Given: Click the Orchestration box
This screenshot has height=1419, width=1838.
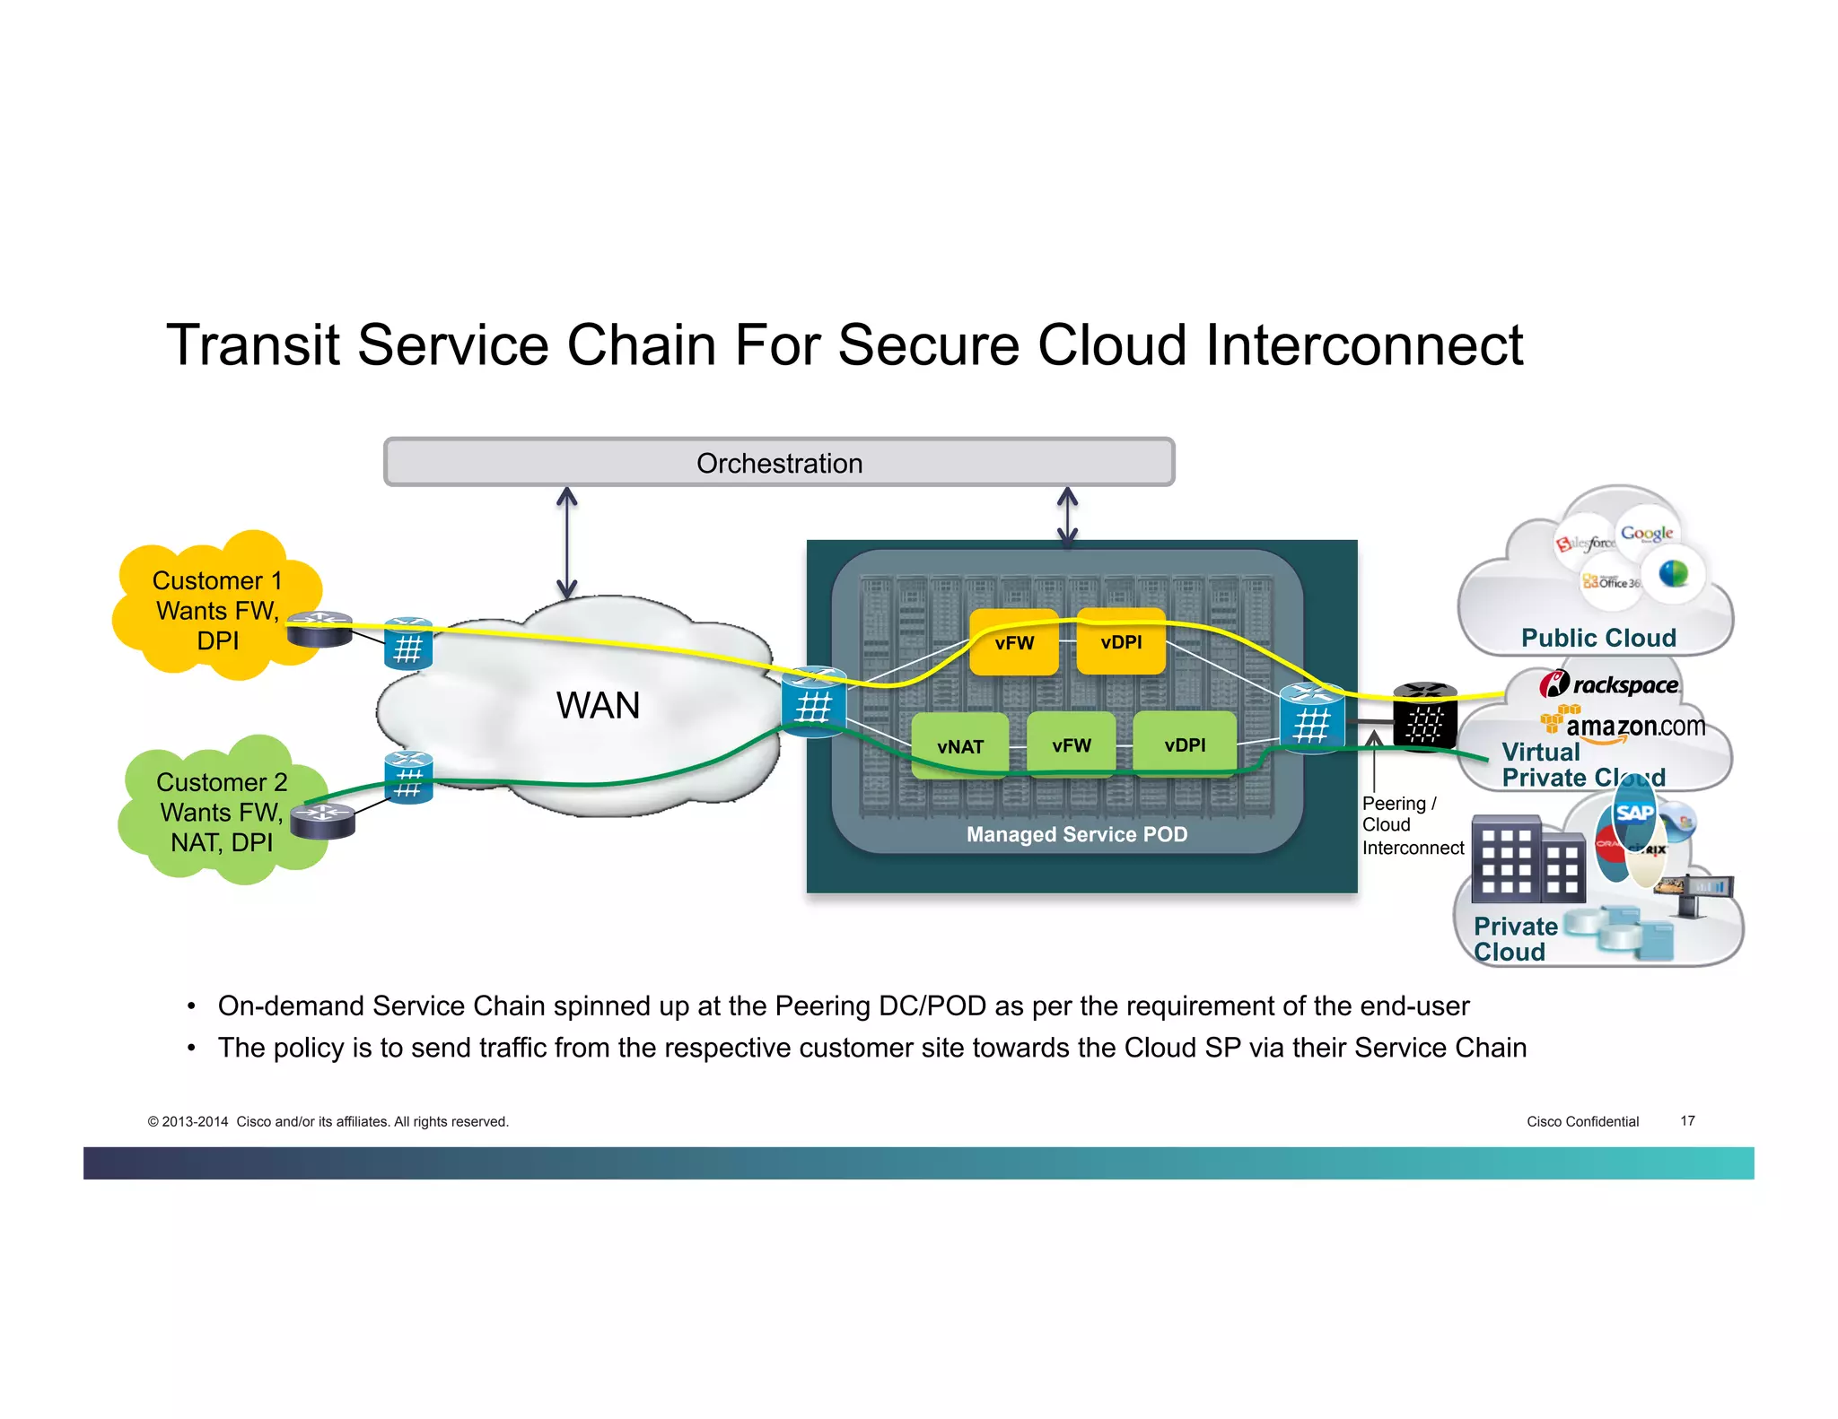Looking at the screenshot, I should click(778, 463).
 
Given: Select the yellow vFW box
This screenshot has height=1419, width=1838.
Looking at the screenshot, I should click(1014, 643).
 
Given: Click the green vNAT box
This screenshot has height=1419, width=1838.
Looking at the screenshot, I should click(959, 746).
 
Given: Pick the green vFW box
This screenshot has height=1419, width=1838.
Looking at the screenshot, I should click(1071, 745).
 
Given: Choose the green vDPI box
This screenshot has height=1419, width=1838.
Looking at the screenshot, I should click(1185, 745).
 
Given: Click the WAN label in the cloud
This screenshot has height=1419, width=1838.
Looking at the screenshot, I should click(598, 705).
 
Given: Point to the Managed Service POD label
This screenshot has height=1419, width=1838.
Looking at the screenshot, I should click(1076, 834).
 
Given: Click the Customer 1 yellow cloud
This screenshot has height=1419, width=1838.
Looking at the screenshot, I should click(216, 609).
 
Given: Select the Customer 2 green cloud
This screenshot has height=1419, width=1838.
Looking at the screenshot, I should click(221, 812).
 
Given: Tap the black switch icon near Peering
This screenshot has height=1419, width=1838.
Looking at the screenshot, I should click(1424, 717).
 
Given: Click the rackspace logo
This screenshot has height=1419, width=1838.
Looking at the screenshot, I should click(1609, 685).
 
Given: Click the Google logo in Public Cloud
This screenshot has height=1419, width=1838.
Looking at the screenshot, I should click(1646, 534).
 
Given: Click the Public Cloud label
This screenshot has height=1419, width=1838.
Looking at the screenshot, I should click(1598, 638).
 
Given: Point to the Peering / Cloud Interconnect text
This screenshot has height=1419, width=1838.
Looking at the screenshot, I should click(1411, 825).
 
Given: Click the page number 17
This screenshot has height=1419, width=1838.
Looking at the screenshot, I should click(1687, 1120).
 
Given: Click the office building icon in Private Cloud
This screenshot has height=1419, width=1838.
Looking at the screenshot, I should click(1527, 860).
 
